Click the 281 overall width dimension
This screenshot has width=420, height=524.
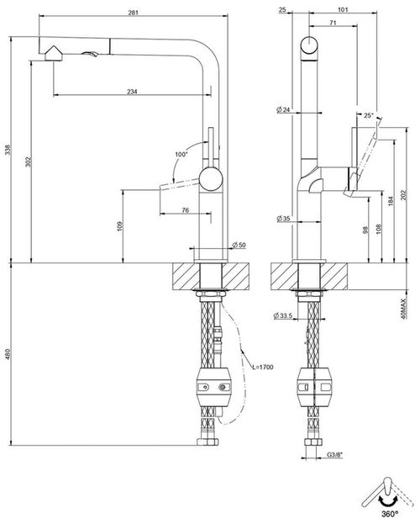click(133, 11)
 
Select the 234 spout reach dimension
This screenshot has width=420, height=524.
click(133, 92)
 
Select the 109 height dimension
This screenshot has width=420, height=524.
click(120, 225)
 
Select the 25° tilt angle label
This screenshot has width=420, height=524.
click(369, 115)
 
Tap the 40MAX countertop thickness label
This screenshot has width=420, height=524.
click(404, 309)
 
